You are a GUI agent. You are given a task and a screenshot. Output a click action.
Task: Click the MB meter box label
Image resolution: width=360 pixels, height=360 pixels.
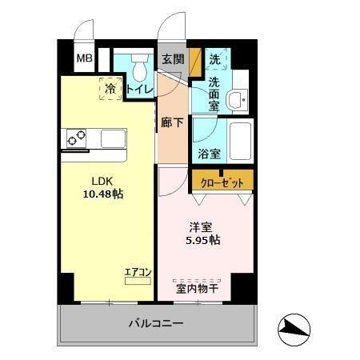tap(84, 58)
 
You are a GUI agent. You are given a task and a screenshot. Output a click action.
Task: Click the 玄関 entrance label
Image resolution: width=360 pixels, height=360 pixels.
tap(173, 59)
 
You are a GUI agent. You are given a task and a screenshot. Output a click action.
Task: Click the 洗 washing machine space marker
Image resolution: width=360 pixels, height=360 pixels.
tap(215, 60)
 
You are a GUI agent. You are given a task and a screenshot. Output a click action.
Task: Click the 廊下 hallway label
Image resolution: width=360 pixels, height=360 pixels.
tap(170, 122)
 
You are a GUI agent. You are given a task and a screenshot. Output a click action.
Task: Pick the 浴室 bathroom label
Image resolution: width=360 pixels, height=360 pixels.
tap(210, 154)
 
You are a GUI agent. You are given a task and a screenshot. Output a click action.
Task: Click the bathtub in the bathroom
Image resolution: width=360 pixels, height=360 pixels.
tap(239, 142)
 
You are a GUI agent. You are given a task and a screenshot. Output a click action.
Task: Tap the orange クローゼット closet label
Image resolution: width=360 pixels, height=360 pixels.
tap(222, 182)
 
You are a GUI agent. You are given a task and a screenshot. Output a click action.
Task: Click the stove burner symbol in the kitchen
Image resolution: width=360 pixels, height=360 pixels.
tap(76, 139)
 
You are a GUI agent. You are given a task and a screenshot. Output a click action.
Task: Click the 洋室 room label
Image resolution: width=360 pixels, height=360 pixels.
tap(199, 226)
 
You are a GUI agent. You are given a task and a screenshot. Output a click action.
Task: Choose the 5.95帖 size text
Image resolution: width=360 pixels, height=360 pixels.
tap(204, 240)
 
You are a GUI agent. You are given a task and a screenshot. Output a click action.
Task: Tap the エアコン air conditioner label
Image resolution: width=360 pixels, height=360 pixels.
tap(138, 272)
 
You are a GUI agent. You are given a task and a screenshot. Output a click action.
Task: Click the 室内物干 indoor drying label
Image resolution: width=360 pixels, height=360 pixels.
tap(198, 287)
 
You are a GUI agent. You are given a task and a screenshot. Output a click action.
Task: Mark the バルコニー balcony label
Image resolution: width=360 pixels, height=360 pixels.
tap(157, 324)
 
